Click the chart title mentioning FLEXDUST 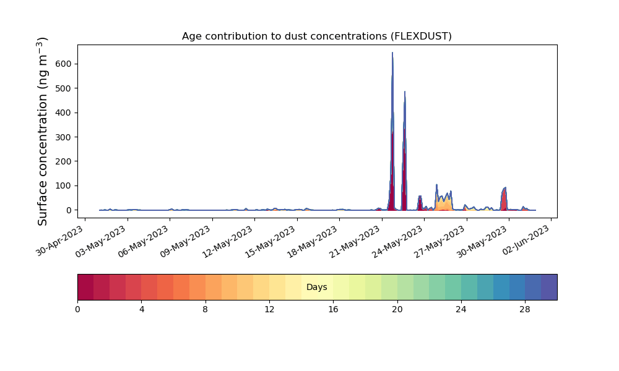click(x=316, y=36)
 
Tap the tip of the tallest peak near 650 click(x=392, y=53)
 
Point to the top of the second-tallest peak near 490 click(x=405, y=92)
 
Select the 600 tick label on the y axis click(x=66, y=64)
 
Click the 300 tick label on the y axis click(x=66, y=137)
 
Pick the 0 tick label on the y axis click(x=69, y=210)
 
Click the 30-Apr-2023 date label click(x=60, y=241)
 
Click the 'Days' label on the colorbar click(x=316, y=287)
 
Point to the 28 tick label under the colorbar click(x=525, y=310)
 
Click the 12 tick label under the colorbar click(x=269, y=310)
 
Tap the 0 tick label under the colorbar click(x=77, y=310)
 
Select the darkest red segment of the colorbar click(x=85, y=287)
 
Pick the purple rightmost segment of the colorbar click(x=549, y=287)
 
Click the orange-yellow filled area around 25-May click(x=444, y=204)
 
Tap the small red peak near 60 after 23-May click(x=420, y=203)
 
